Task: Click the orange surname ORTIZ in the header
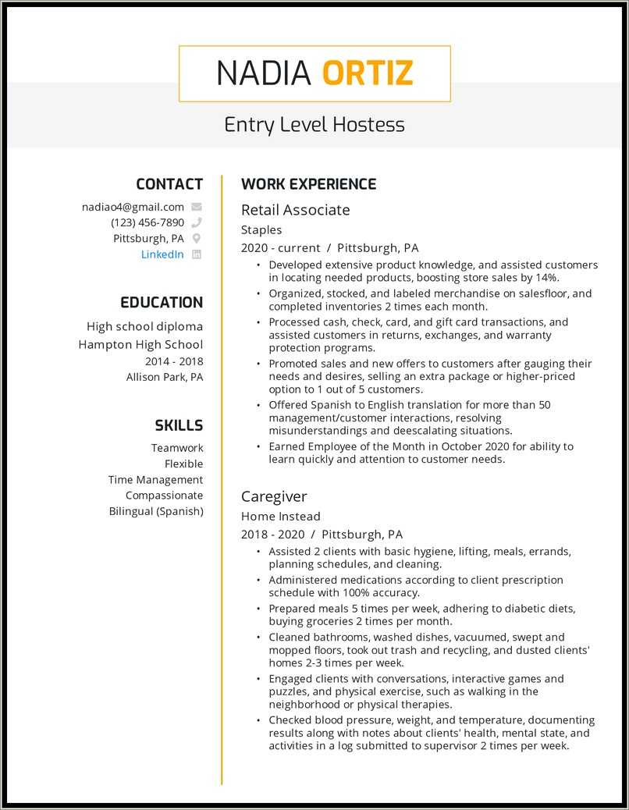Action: click(x=367, y=73)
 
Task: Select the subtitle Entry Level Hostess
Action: click(x=314, y=125)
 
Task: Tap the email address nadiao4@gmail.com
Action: click(x=133, y=207)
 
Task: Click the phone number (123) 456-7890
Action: click(x=147, y=222)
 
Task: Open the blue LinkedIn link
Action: click(x=162, y=254)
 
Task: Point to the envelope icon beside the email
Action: click(x=197, y=207)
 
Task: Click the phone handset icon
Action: click(x=197, y=222)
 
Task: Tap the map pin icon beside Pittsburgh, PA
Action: click(x=197, y=239)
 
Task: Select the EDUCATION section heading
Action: click(x=162, y=303)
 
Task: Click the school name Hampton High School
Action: click(x=140, y=344)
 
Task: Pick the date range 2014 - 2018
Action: click(x=174, y=361)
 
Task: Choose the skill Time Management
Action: click(x=155, y=480)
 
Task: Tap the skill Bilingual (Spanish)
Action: click(x=156, y=511)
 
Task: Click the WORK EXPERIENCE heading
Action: click(x=308, y=184)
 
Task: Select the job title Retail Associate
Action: click(x=295, y=210)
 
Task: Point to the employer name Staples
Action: click(x=261, y=230)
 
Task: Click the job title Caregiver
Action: click(x=274, y=496)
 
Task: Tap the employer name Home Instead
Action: click(x=281, y=517)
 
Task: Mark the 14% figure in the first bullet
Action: click(x=548, y=278)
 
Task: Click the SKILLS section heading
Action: click(x=179, y=425)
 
